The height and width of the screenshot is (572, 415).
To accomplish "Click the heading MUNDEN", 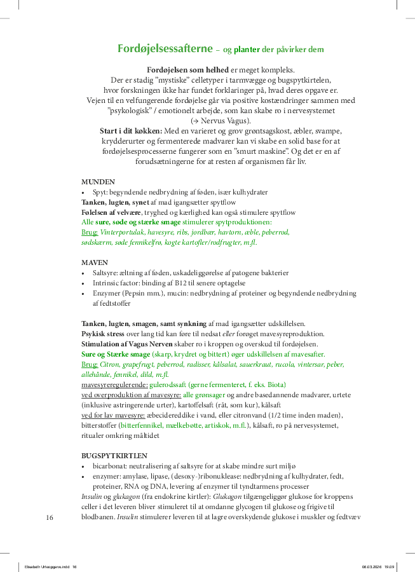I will (x=99, y=181).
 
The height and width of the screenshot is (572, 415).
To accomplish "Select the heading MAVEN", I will (x=95, y=262).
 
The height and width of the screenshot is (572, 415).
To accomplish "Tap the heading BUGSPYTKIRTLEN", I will (x=115, y=456).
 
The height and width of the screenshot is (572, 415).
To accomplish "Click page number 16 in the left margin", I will (x=50, y=517).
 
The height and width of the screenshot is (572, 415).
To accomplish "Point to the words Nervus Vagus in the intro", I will (x=224, y=121).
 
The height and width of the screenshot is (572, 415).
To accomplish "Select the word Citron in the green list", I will (x=111, y=364).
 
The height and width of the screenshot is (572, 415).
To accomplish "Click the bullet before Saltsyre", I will (x=84, y=273).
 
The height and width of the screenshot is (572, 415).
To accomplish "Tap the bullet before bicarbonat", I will (x=84, y=466).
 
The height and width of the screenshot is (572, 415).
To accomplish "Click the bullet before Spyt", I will (x=84, y=192).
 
